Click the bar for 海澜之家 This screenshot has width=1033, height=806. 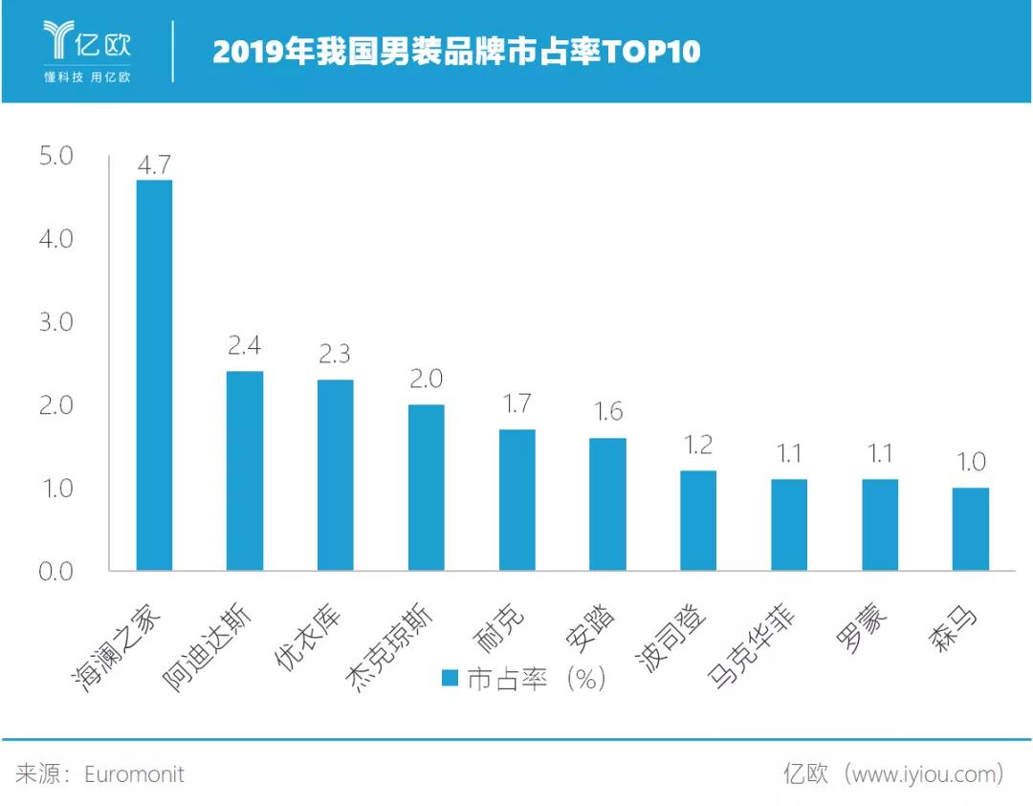pyautogui.click(x=154, y=375)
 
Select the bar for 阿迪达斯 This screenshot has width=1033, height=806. pyautogui.click(x=245, y=470)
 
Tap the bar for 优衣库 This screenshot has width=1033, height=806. pyautogui.click(x=336, y=475)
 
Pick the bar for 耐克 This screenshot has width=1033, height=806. pyautogui.click(x=517, y=500)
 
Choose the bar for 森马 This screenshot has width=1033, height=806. pyautogui.click(x=971, y=529)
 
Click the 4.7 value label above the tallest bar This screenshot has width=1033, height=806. pyautogui.click(x=154, y=164)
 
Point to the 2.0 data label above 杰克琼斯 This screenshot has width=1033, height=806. pyautogui.click(x=426, y=380)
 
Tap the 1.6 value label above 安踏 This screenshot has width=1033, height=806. pyautogui.click(x=607, y=412)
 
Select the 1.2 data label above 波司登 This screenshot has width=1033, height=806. pyautogui.click(x=698, y=446)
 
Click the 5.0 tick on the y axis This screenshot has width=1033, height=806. pyautogui.click(x=56, y=156)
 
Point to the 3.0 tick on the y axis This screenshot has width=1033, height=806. pyautogui.click(x=56, y=322)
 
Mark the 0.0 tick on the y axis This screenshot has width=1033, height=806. pyautogui.click(x=56, y=572)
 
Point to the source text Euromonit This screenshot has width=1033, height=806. pyautogui.click(x=134, y=773)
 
